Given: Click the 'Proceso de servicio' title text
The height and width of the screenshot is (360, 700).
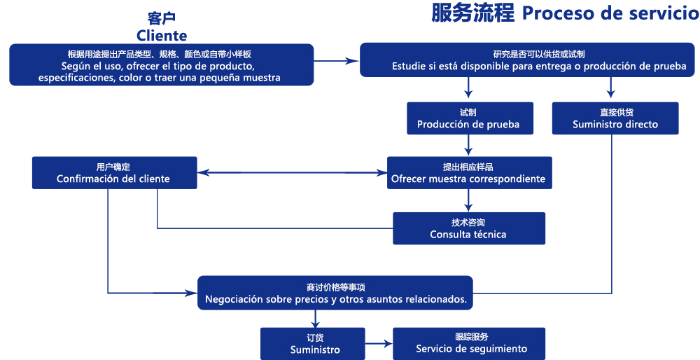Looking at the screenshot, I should pos(610,13).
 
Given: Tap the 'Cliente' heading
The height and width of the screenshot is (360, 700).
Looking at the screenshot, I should pos(162,35).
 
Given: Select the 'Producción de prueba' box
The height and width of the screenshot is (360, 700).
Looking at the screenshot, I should pos(468,118).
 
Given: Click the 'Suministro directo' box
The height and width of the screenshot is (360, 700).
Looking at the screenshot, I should pos(615,118).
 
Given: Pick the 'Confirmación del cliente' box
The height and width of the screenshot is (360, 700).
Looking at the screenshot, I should pos(113,172).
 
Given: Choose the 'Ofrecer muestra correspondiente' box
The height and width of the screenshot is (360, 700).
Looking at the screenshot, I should pos(468,172).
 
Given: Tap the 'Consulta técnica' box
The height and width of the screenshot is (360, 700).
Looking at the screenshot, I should pos(468,228).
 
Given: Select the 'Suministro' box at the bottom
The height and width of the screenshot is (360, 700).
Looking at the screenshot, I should pos(315,343).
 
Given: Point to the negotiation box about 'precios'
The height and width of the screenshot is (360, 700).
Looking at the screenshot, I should pos(335,293).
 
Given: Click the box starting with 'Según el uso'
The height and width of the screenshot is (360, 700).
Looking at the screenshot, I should pos(162,64).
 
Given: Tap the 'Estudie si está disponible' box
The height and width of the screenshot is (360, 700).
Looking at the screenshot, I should pos(529,60).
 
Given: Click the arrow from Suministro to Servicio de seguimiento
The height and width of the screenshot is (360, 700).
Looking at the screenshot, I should pos(379,343).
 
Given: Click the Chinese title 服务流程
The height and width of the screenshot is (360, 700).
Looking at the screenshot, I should pos(472,13).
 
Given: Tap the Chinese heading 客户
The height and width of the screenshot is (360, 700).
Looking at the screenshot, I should pos(162,18).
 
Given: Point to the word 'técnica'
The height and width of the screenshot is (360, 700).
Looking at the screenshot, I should pos(488,235).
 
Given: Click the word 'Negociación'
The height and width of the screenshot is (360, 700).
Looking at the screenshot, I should pos(234,299).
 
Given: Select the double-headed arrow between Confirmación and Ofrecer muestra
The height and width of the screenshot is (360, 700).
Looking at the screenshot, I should pos(293,172).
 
